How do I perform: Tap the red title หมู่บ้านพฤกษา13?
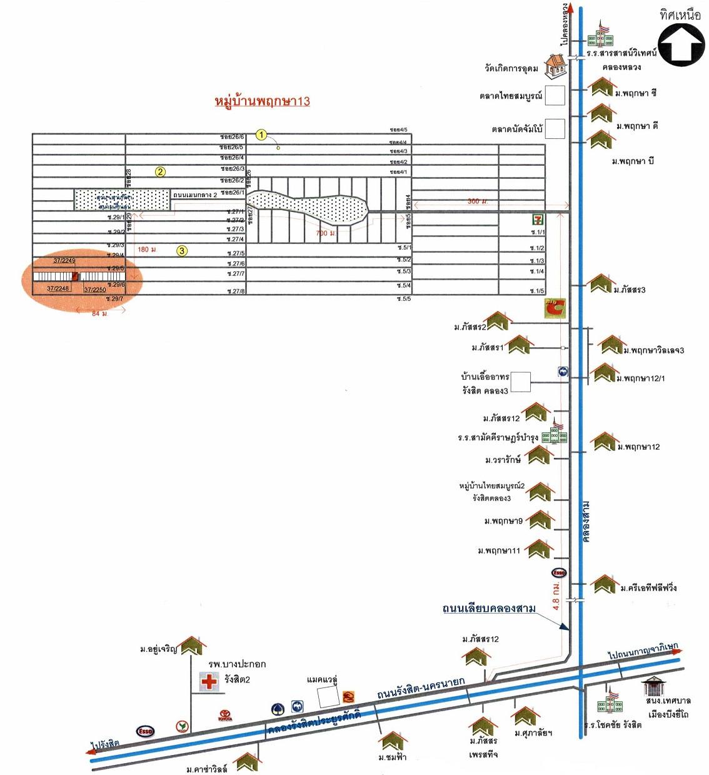[x=262, y=101]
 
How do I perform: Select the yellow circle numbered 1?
[x=262, y=134]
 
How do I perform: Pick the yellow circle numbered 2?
[x=161, y=171]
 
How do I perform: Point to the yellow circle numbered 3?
[x=181, y=251]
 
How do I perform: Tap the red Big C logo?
[x=555, y=308]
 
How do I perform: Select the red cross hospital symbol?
[x=209, y=682]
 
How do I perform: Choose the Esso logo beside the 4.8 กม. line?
[x=558, y=572]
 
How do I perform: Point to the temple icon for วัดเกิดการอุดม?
[x=554, y=65]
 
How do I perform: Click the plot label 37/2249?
[x=64, y=260]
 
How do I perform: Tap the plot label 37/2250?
[x=95, y=290]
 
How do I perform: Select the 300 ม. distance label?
[x=478, y=201]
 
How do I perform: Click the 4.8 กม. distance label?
[x=556, y=595]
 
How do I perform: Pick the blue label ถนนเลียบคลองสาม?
[x=489, y=608]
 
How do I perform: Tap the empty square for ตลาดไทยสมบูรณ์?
[x=555, y=96]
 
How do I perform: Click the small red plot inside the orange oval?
[x=74, y=276]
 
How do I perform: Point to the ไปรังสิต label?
[x=104, y=744]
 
